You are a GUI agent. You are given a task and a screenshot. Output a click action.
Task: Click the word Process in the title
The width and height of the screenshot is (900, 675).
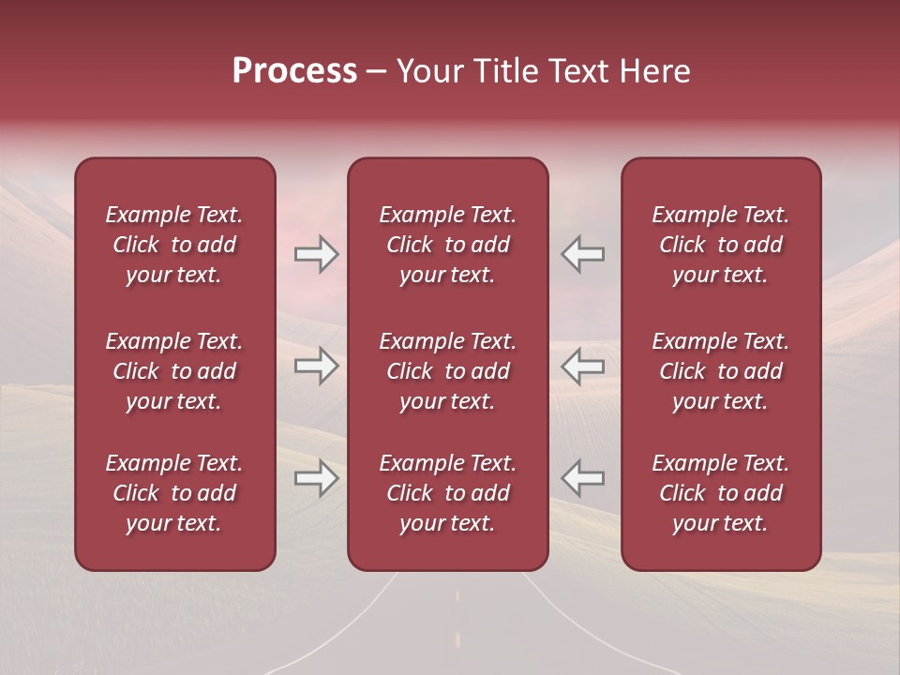(x=294, y=71)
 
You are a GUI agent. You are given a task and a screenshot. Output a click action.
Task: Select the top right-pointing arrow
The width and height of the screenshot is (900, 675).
(x=316, y=254)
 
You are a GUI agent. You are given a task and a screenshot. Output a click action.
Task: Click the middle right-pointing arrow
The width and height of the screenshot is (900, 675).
(x=316, y=366)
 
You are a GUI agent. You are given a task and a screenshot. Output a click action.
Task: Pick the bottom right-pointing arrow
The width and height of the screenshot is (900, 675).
(x=316, y=479)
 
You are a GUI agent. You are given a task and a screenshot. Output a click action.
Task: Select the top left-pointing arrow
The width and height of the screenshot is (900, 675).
(x=583, y=254)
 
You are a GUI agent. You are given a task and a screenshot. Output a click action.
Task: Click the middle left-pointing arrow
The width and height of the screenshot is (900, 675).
(x=583, y=366)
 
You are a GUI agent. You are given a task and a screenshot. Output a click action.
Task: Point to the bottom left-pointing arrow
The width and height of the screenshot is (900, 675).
(x=583, y=478)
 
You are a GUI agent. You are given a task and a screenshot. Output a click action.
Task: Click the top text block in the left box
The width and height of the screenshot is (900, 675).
(x=174, y=245)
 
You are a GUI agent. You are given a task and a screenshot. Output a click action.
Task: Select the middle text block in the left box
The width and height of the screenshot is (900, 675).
(x=174, y=371)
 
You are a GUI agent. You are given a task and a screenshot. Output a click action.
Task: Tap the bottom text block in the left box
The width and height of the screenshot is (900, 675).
(x=174, y=493)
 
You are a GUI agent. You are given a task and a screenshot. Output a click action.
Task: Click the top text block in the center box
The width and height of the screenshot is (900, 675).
(x=447, y=245)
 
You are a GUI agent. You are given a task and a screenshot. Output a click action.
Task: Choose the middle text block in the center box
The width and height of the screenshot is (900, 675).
(x=447, y=371)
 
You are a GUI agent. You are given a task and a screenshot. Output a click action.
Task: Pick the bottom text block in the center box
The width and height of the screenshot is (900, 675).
(x=447, y=493)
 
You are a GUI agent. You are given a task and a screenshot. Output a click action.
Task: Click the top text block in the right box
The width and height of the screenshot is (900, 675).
(x=720, y=245)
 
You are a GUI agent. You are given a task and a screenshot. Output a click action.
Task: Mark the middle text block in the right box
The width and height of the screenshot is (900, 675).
(x=720, y=371)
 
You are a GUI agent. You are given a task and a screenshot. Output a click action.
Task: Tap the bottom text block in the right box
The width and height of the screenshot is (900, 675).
(x=720, y=493)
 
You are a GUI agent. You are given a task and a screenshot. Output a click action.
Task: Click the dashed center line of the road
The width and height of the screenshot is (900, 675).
(x=457, y=595)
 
